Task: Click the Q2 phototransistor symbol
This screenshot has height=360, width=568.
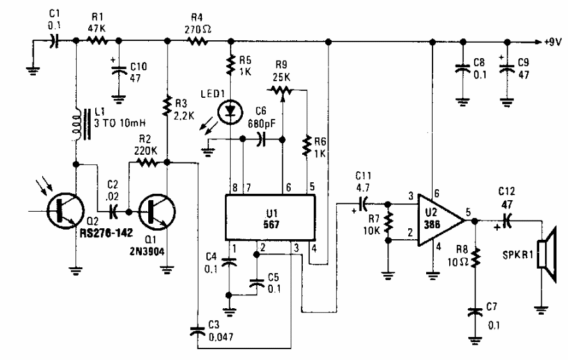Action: (x=62, y=211)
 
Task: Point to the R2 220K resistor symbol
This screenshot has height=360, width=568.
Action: (x=146, y=163)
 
